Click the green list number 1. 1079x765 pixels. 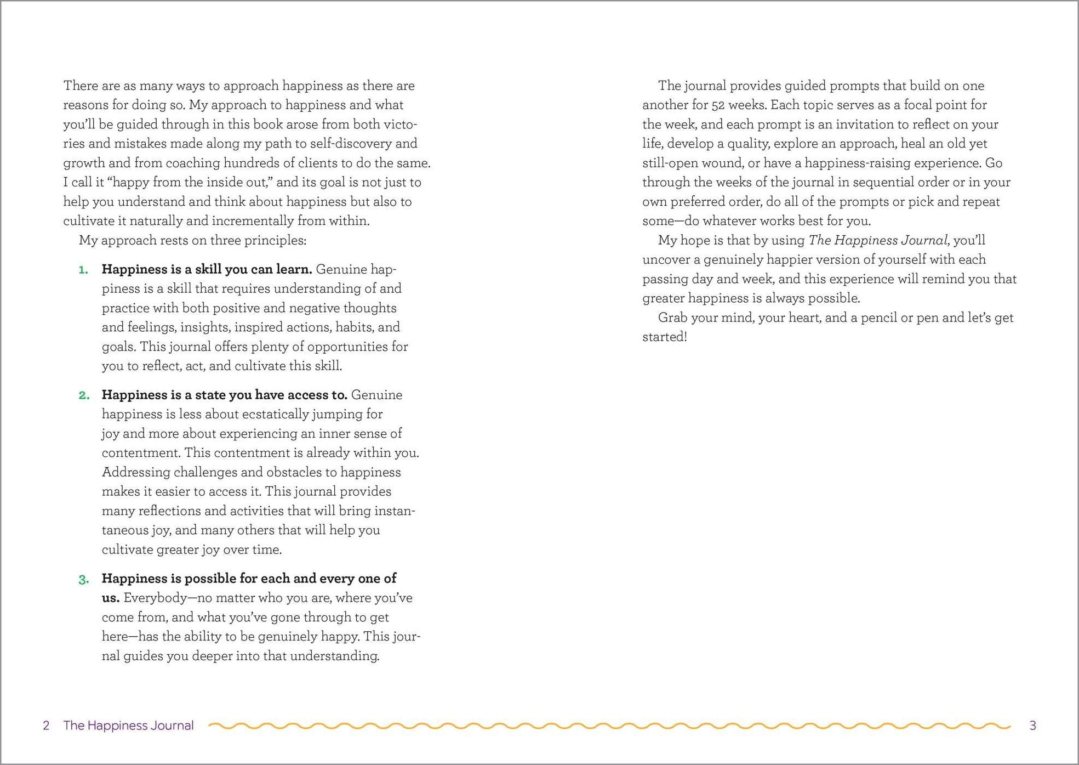(x=83, y=270)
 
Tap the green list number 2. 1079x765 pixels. (x=84, y=395)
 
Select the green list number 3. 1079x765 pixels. (x=84, y=580)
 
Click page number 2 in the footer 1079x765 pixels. (x=47, y=726)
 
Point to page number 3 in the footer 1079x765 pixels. (x=1033, y=726)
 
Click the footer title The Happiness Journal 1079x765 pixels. (x=128, y=726)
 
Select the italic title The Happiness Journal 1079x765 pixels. (x=878, y=240)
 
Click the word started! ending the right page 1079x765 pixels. (x=664, y=337)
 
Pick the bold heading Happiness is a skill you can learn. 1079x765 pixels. (x=207, y=269)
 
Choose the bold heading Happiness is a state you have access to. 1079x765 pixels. (x=224, y=395)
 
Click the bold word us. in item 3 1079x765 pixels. (x=111, y=598)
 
